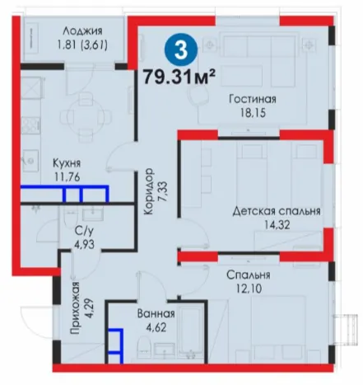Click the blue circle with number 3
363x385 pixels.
181,49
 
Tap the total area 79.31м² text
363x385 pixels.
179,77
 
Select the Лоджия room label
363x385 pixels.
82,31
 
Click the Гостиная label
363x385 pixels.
253,99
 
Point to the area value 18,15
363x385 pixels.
253,113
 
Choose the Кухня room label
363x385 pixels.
67,163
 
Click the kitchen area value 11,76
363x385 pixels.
67,176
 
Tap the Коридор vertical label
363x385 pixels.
149,191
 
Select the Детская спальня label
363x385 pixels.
277,211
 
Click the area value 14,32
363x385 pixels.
277,225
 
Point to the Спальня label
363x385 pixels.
249,275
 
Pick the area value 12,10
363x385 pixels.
249,289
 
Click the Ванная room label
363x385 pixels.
156,314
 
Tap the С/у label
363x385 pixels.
84,231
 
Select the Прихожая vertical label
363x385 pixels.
75,308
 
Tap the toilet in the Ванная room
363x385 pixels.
144,345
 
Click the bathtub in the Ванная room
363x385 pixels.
191,329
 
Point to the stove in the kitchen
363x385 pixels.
30,125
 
